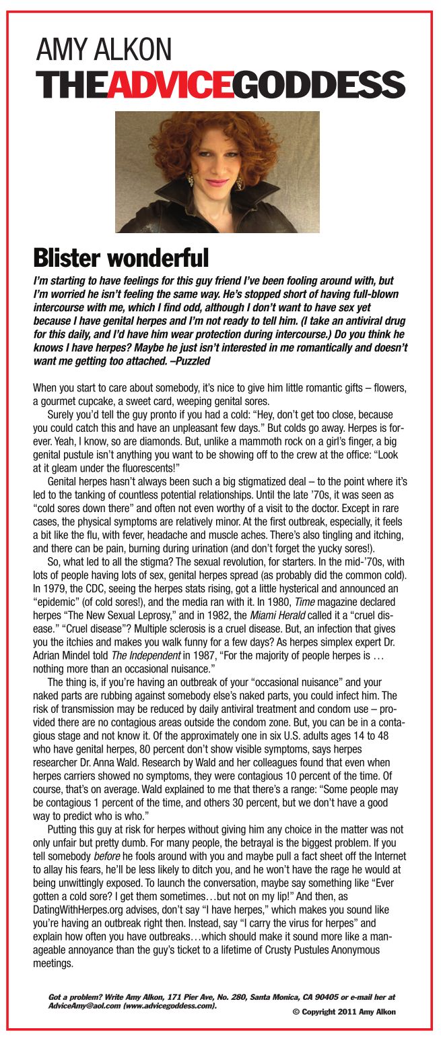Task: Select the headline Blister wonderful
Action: pyautogui.click(x=121, y=257)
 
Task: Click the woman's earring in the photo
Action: pyautogui.click(x=190, y=181)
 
